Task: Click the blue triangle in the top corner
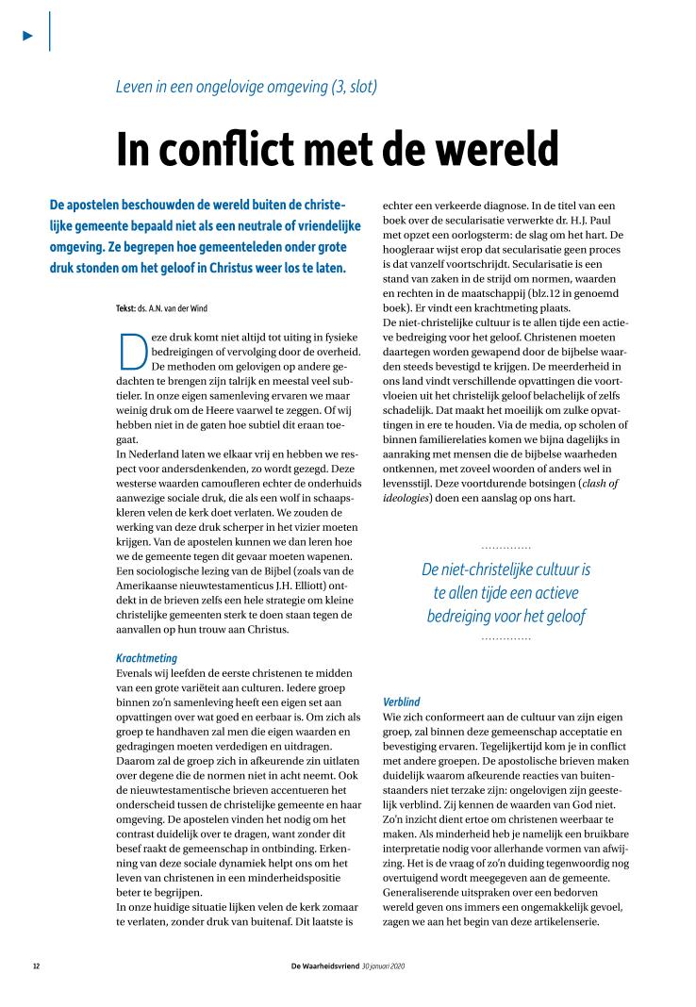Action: [28, 35]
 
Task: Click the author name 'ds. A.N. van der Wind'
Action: [190, 307]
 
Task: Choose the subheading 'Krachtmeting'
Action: [146, 658]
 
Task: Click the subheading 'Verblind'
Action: [402, 702]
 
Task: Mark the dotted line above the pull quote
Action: [505, 548]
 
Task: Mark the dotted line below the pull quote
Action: [505, 639]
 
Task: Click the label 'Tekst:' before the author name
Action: [124, 307]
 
